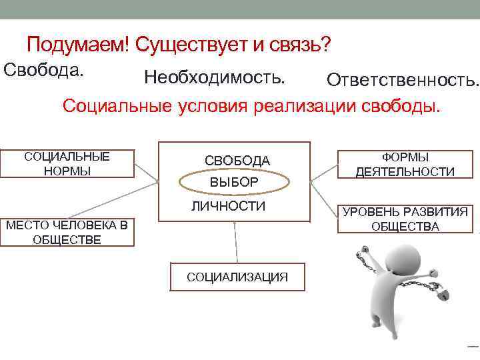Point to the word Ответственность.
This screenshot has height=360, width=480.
pyautogui.click(x=403, y=81)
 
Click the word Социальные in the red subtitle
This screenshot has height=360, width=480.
pyautogui.click(x=119, y=106)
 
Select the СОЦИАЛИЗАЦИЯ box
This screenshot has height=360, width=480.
pyautogui.click(x=237, y=277)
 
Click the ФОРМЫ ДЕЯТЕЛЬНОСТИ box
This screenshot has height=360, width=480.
pyautogui.click(x=405, y=164)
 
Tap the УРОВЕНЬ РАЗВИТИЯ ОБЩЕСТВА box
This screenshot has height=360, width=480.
pyautogui.click(x=405, y=219)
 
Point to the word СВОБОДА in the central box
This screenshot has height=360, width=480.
pyautogui.click(x=237, y=161)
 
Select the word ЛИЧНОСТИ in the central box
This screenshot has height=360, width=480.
pyautogui.click(x=228, y=206)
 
